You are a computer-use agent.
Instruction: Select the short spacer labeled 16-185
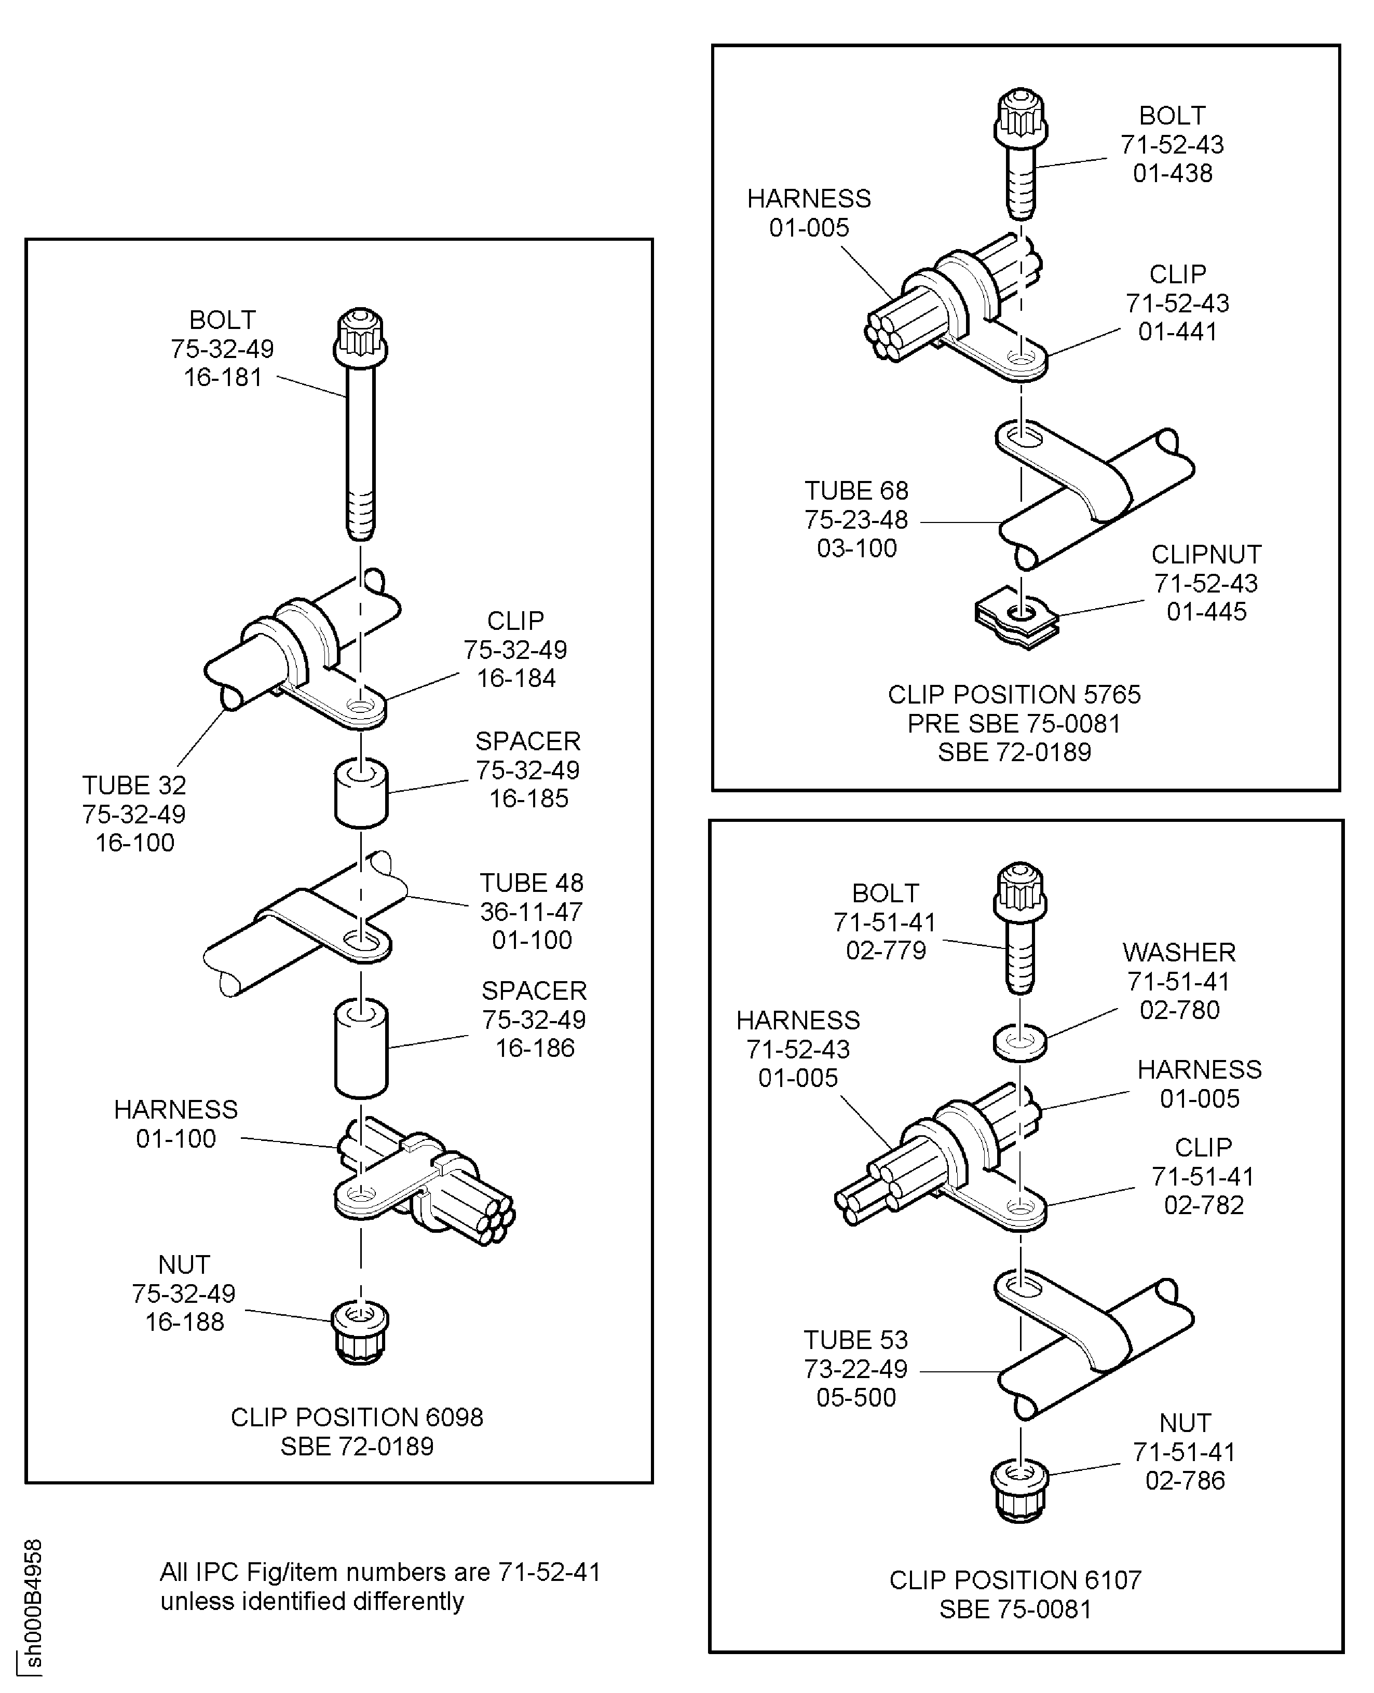coord(361,793)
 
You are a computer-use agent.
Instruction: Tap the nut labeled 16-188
coord(360,1334)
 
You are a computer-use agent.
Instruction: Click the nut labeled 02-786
coord(1019,1491)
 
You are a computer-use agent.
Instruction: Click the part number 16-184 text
coord(516,678)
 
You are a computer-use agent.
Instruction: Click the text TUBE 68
coord(856,490)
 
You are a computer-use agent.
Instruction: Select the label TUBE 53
coord(855,1340)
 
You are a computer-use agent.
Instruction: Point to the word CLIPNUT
coord(1206,555)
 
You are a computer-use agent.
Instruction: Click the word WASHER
coord(1178,953)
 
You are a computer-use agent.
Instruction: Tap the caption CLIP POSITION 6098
coord(357,1417)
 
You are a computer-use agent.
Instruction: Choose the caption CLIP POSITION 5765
coord(1014,695)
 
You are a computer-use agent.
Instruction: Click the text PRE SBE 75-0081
coord(1014,723)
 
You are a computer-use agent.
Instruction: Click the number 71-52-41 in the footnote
coord(549,1572)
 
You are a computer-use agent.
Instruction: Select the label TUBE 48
coord(531,883)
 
